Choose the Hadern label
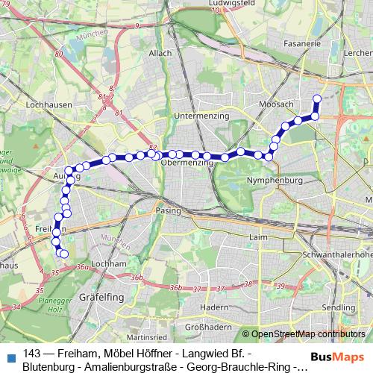click(215, 307)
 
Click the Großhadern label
click(206, 327)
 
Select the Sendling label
click(334, 307)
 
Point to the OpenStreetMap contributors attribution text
click(308, 333)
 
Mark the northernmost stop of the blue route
click(316, 98)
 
